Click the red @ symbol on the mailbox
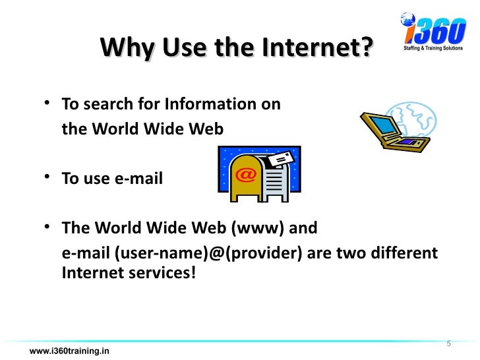point(245,175)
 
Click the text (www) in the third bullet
point(258,229)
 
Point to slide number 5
point(449,344)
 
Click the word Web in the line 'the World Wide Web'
point(209,129)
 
